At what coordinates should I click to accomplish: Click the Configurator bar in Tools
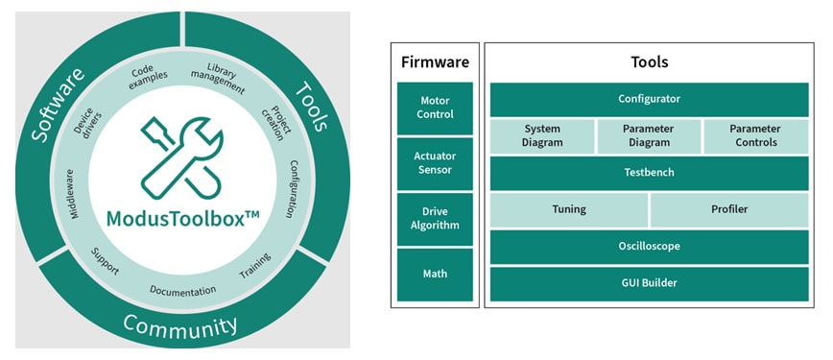click(x=649, y=99)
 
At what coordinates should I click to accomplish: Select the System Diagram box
click(x=542, y=136)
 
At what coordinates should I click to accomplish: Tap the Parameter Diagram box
click(x=649, y=136)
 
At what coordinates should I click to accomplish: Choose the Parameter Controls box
click(x=755, y=136)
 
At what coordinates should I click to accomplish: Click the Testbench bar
click(x=649, y=173)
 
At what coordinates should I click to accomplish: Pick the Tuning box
click(x=569, y=209)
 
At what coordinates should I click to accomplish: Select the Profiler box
click(x=729, y=209)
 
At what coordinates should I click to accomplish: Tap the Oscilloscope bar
click(x=649, y=246)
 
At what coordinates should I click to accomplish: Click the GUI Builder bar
click(x=649, y=284)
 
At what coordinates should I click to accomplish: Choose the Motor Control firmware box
click(x=435, y=108)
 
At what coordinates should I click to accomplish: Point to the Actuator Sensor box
click(x=435, y=163)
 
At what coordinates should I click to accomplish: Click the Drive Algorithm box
click(x=435, y=219)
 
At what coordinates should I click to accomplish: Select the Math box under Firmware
click(x=435, y=275)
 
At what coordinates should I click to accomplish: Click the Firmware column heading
click(x=435, y=62)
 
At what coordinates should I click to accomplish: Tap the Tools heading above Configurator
click(x=649, y=62)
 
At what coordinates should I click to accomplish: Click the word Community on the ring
click(x=180, y=325)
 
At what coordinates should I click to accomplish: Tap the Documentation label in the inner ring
click(x=182, y=289)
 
